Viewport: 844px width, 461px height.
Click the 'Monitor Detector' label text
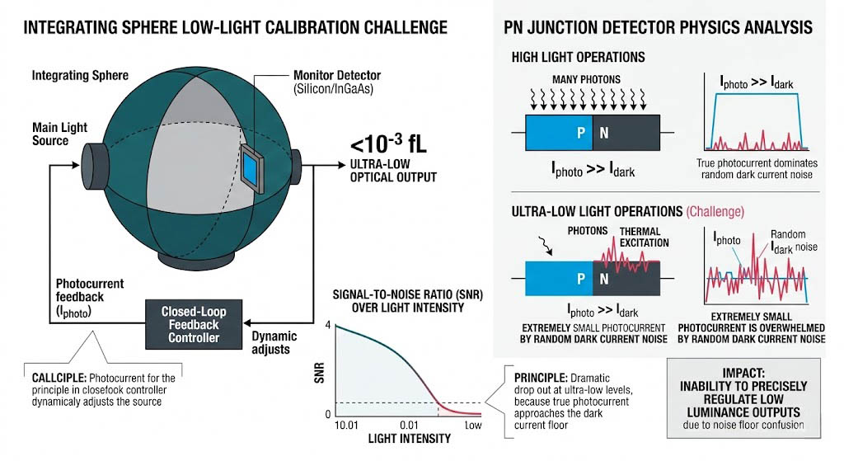(x=337, y=76)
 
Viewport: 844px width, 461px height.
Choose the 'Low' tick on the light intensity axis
(x=472, y=425)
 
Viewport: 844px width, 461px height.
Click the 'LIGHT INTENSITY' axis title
(x=403, y=438)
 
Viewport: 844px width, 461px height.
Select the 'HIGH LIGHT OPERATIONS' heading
(x=578, y=57)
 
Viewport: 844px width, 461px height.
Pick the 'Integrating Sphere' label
(x=80, y=76)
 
